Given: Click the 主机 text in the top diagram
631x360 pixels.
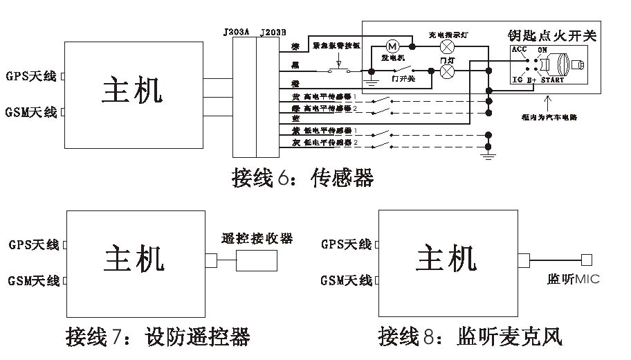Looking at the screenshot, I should point(133,90).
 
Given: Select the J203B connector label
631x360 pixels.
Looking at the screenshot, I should point(271,32).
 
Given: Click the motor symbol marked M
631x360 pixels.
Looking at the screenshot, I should point(393,46).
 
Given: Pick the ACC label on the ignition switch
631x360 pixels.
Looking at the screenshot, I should point(519,50).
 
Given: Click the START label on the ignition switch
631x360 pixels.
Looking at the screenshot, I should point(551,80).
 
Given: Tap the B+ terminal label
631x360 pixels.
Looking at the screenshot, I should point(531,80).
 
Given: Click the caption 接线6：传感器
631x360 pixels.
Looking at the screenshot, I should point(302,178).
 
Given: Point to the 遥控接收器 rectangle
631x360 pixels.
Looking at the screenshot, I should point(257,260).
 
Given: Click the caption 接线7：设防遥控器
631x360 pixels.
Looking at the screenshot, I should point(158,337).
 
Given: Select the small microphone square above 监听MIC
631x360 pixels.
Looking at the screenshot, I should point(586,260).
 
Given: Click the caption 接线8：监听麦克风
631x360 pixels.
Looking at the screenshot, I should point(470,337).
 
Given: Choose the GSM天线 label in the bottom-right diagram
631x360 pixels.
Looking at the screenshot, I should point(346,280).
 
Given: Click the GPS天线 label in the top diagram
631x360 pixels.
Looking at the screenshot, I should point(31,76).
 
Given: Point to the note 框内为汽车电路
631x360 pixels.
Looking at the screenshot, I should point(551,117).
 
